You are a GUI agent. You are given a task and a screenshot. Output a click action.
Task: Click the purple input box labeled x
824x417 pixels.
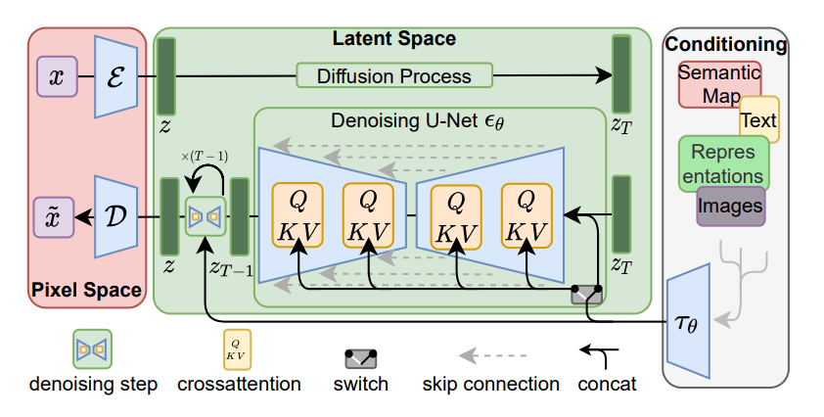57,76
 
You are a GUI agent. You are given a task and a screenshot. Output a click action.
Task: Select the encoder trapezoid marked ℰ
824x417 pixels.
116,76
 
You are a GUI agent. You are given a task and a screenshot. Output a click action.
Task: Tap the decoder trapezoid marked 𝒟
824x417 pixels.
116,216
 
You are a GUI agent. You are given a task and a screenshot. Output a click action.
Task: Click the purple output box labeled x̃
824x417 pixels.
54,217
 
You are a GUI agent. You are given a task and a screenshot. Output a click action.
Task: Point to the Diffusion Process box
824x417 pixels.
394,75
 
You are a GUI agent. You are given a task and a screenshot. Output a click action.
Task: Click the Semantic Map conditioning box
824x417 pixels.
719,84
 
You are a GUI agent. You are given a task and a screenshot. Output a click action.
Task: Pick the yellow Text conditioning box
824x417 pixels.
759,119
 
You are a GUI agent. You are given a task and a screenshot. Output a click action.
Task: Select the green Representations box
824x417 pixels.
723,163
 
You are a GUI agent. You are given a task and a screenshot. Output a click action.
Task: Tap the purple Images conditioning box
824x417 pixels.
730,207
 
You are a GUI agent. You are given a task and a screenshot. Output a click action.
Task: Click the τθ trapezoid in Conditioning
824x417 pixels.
688,321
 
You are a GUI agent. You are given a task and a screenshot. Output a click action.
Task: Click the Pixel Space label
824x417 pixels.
87,290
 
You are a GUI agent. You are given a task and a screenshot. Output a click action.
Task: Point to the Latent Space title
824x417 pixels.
394,38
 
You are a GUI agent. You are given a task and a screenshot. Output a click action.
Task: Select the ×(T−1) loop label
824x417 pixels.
205,157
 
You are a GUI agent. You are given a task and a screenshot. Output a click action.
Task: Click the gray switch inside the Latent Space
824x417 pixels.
587,295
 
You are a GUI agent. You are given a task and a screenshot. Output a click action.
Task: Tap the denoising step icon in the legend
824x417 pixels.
93,349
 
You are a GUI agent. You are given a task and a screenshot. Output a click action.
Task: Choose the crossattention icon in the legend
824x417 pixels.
238,349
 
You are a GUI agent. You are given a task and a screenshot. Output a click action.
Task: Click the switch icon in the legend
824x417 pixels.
360,358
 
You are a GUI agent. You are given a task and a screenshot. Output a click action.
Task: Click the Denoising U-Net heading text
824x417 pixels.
418,121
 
